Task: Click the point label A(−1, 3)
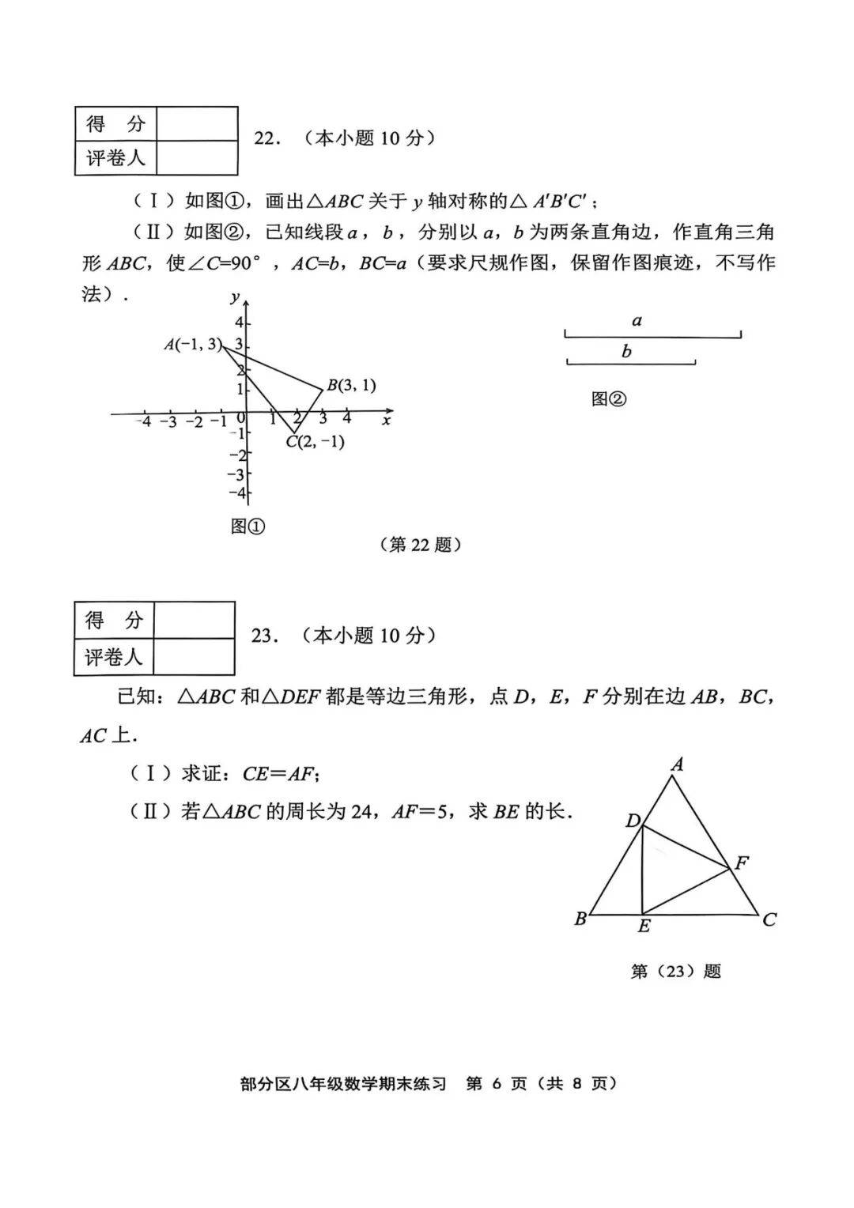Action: (x=192, y=344)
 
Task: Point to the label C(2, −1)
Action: (x=316, y=442)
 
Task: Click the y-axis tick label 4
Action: (x=238, y=323)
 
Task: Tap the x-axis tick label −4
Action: (x=143, y=421)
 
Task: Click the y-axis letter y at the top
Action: (x=235, y=297)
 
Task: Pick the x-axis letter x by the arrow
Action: (x=386, y=421)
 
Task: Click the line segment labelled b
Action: (x=631, y=363)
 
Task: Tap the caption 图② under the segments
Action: (x=608, y=399)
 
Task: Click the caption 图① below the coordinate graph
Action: (x=248, y=526)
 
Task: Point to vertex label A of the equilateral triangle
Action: (x=677, y=764)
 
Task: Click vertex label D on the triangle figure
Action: (x=633, y=821)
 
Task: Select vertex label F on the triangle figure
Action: (x=741, y=863)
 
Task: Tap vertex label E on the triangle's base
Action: (x=644, y=927)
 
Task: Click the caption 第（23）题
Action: (x=675, y=971)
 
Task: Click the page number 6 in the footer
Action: (x=497, y=1083)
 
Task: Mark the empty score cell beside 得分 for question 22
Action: (x=197, y=124)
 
